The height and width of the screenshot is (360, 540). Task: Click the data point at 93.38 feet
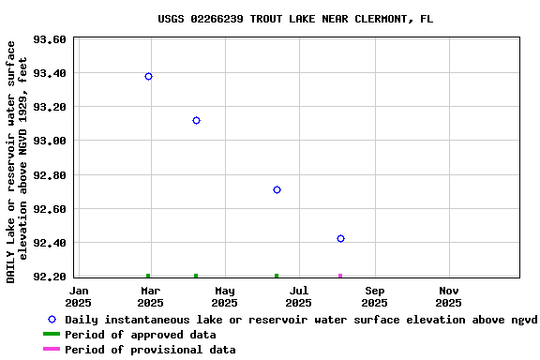tap(148, 76)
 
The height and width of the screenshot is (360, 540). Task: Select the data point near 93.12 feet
tap(196, 120)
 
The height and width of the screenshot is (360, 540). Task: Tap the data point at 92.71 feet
tap(277, 189)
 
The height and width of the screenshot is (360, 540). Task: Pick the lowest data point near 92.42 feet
tap(340, 238)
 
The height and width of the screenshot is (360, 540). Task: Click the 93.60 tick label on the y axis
tap(49, 39)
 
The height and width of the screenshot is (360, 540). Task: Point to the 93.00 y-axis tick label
tap(49, 141)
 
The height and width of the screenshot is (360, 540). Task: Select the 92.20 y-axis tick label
tap(49, 277)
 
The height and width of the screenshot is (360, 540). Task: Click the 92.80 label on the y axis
tap(49, 175)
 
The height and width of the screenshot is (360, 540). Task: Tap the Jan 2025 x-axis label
tap(79, 296)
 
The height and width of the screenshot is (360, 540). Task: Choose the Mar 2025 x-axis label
tap(150, 296)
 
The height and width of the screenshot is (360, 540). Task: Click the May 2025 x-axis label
tap(224, 296)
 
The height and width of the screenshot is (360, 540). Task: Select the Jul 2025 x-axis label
tap(298, 296)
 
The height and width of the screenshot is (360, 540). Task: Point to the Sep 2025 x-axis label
tap(374, 296)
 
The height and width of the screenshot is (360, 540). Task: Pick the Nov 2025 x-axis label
tap(448, 296)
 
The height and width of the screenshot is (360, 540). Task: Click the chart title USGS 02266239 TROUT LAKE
tap(295, 19)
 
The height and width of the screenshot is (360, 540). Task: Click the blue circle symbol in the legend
tap(52, 320)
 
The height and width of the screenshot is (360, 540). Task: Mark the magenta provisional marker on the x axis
tap(340, 276)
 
